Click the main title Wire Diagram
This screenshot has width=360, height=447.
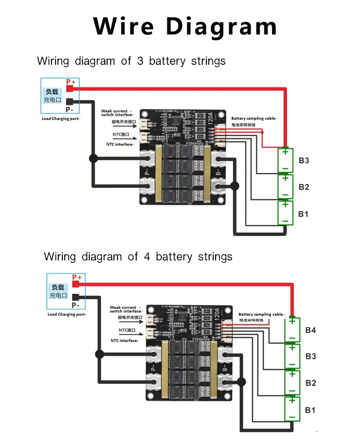tap(185, 26)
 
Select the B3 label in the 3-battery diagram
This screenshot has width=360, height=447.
tap(304, 161)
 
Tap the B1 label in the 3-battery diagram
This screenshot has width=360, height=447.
tap(303, 214)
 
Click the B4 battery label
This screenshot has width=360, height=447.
tap(310, 330)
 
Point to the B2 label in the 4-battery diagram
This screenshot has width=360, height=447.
tap(310, 383)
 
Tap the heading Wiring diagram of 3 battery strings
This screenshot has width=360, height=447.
tap(131, 61)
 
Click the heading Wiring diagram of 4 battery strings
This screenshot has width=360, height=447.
tap(138, 256)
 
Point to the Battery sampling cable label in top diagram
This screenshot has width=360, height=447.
tap(253, 119)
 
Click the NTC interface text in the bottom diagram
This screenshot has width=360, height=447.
tap(124, 341)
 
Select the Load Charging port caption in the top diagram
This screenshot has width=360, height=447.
tap(60, 119)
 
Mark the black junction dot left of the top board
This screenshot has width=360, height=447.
tap(93, 159)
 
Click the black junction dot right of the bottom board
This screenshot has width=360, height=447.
tap(241, 382)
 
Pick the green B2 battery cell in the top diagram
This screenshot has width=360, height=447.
tap(285, 187)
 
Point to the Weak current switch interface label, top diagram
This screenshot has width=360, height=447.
tap(115, 113)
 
